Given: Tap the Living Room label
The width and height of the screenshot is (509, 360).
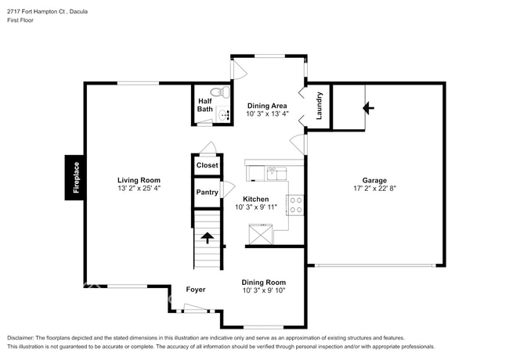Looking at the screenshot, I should click(x=139, y=180).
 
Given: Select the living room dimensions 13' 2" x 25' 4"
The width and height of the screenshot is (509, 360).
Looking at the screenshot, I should click(x=139, y=189).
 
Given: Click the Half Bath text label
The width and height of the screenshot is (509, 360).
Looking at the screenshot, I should click(x=204, y=105).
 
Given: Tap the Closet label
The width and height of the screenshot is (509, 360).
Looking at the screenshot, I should click(x=208, y=165).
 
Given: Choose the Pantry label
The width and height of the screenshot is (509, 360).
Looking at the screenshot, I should click(x=208, y=192).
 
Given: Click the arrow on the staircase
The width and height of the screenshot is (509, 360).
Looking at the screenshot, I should click(x=208, y=238).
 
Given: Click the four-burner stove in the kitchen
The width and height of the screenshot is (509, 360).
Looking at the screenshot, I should click(x=297, y=205).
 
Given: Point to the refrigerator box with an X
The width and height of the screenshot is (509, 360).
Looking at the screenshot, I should click(x=260, y=234).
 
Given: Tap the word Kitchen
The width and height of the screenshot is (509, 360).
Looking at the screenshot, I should click(x=256, y=199).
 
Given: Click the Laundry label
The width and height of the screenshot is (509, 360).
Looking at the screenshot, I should click(x=319, y=106).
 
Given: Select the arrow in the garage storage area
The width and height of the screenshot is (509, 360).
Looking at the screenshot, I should click(x=367, y=108).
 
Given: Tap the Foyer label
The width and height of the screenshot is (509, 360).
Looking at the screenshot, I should click(x=196, y=290).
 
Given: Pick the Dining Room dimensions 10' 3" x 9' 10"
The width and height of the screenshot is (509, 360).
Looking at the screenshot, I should click(x=264, y=290).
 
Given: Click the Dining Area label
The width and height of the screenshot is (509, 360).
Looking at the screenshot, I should click(x=267, y=106).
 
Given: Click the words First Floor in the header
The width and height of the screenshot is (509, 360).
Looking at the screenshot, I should click(x=23, y=22).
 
